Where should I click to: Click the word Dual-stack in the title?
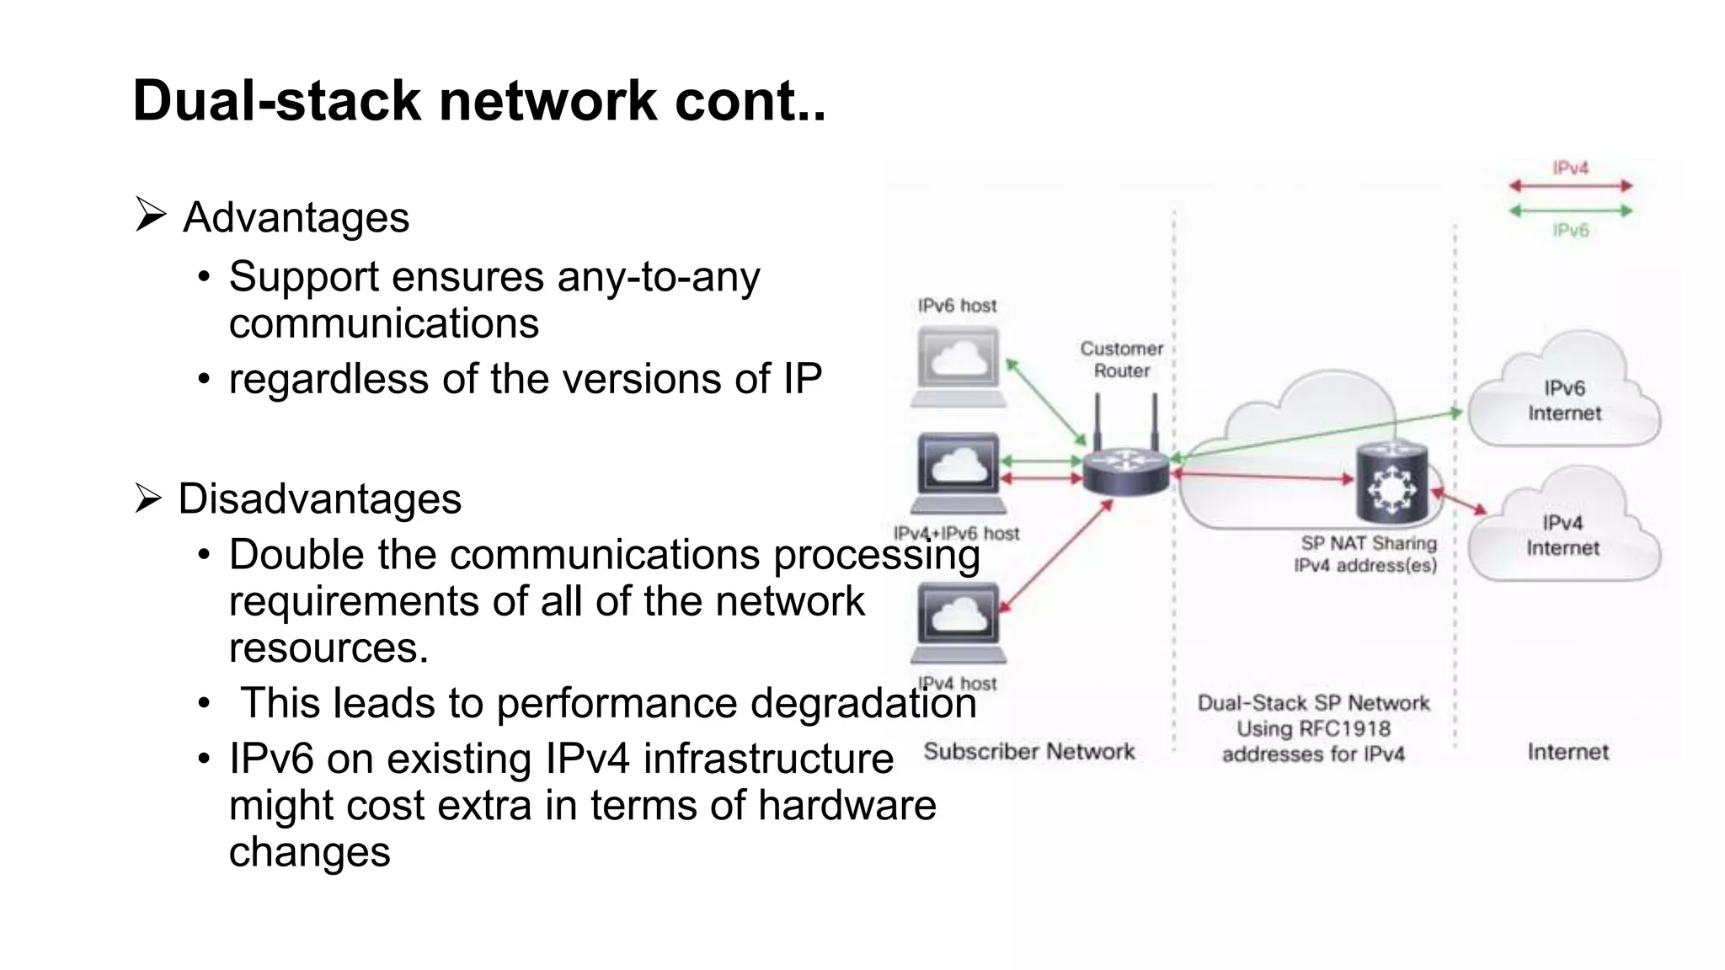276,101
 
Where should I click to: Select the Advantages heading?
296,218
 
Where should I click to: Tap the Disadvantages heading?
319,499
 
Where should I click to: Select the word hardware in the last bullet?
846,806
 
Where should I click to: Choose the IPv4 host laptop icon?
958,623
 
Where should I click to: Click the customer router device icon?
1125,472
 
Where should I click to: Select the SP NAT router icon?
1391,483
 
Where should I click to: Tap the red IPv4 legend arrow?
1570,185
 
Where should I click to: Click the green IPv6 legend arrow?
1570,211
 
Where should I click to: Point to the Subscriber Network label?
1028,751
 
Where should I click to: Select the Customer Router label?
1121,360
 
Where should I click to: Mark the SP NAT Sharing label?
1368,544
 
